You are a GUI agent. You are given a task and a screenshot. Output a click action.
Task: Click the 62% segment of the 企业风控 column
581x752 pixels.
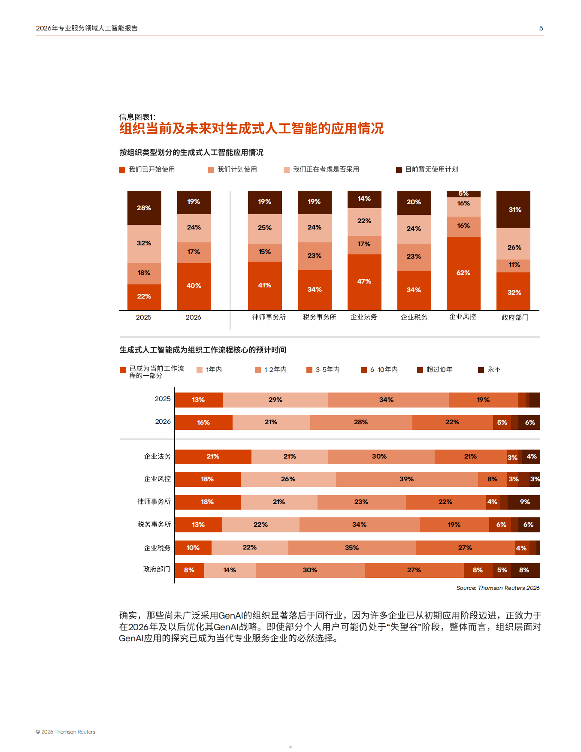pos(463,273)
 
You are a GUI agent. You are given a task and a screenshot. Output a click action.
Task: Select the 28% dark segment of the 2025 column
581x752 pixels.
pos(144,208)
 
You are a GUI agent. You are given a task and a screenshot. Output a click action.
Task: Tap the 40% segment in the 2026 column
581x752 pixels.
pos(194,286)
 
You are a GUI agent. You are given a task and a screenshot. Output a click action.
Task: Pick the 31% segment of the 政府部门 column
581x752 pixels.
pos(513,209)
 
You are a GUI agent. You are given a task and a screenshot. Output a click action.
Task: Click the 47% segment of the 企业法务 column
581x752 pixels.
pos(364,281)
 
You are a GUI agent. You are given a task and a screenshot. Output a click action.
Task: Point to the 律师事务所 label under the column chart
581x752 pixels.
pos(269,317)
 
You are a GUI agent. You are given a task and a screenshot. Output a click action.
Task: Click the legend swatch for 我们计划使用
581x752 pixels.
pos(211,170)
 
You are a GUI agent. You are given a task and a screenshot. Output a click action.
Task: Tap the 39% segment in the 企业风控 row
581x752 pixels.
pos(406,479)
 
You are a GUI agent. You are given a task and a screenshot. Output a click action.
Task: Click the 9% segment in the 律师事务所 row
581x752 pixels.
pos(524,502)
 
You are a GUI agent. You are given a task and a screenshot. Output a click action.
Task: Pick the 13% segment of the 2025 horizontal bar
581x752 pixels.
pos(198,400)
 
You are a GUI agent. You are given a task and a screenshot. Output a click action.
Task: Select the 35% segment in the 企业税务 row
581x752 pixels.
pos(352,548)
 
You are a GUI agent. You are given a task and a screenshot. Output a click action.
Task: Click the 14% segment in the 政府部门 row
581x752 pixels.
pos(230,570)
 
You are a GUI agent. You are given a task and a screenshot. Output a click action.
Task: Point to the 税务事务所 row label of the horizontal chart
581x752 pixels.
pos(154,524)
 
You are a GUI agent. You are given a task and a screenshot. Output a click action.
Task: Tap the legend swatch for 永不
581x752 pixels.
pos(481,370)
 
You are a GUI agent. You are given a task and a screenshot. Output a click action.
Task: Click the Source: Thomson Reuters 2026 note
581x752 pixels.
pos(498,588)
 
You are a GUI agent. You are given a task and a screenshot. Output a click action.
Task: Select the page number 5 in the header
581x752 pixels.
pos(541,28)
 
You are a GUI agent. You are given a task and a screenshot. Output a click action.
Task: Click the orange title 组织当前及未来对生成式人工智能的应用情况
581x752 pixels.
pos(251,129)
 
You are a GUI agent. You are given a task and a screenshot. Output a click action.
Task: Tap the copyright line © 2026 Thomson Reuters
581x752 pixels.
pos(66,732)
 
